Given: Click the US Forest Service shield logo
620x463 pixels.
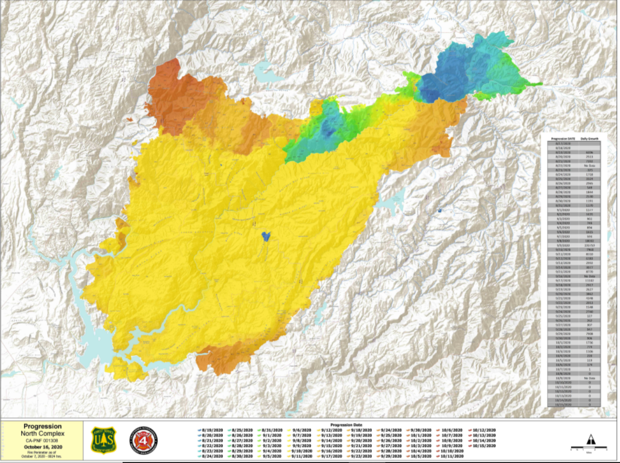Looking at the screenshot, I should click(x=104, y=440).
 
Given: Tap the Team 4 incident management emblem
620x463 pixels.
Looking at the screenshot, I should click(x=144, y=440).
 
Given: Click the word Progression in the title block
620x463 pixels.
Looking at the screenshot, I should click(x=42, y=426).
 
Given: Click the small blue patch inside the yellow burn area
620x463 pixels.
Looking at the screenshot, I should click(x=266, y=236).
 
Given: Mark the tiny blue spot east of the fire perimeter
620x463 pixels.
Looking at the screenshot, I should click(x=439, y=211).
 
